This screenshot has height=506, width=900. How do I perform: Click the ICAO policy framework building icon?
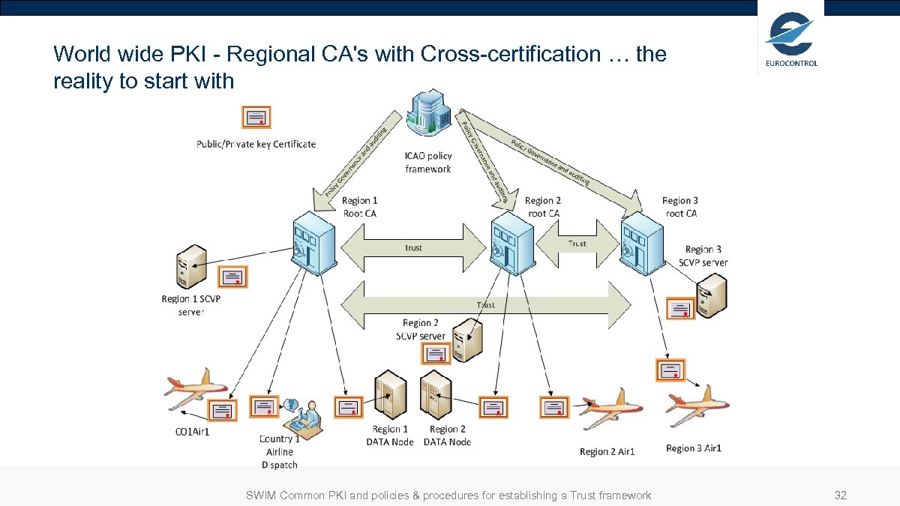click(428, 114)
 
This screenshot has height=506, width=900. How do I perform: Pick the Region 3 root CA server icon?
click(643, 241)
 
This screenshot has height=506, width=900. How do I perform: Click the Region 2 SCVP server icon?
click(466, 342)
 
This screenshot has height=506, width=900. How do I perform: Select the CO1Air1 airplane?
click(194, 388)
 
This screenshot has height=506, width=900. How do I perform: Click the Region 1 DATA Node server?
click(390, 395)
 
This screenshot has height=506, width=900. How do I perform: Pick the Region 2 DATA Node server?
click(436, 395)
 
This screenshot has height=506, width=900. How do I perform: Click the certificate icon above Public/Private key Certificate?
click(256, 118)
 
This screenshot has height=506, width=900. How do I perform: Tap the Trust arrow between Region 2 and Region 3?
click(577, 244)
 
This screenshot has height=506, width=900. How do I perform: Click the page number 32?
click(841, 496)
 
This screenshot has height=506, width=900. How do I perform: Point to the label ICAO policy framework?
click(428, 163)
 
